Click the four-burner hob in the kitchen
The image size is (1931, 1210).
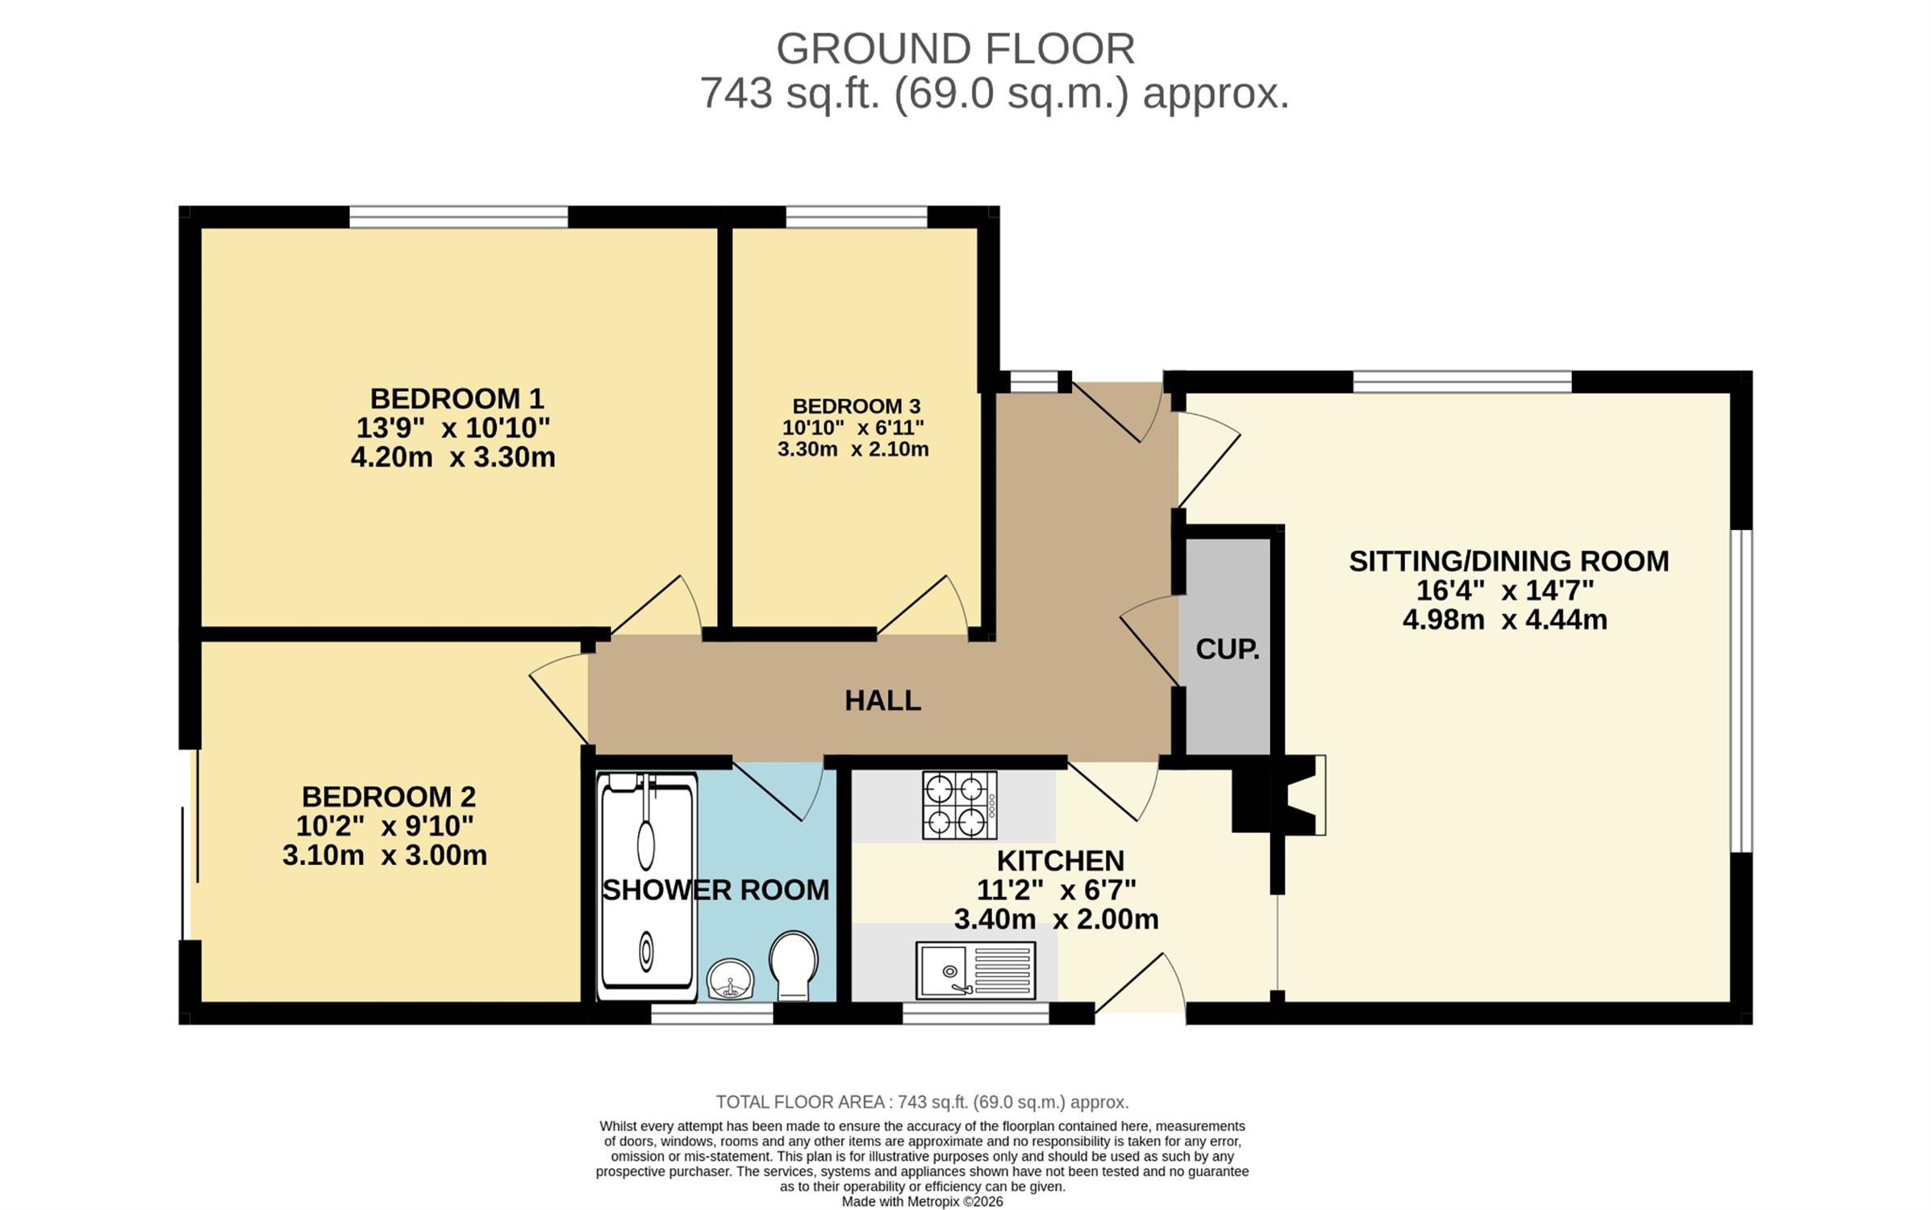[960, 805]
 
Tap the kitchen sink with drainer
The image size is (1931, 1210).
[975, 970]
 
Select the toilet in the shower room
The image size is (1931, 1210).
[793, 966]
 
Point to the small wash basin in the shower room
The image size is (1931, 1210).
[731, 979]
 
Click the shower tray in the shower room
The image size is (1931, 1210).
[647, 887]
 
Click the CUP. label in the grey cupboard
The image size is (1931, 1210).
[1228, 649]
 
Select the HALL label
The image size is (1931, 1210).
[882, 700]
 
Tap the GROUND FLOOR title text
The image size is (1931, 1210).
[955, 48]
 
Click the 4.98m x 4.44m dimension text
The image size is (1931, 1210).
[1504, 620]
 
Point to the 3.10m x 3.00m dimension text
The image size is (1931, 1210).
[385, 855]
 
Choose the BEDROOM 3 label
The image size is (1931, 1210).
[856, 406]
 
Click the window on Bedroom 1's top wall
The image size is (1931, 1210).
[458, 217]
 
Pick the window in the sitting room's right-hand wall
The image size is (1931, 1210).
[1741, 691]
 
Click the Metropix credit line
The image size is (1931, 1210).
[922, 1201]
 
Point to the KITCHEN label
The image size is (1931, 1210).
[1060, 861]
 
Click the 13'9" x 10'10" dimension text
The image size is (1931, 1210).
[453, 428]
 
